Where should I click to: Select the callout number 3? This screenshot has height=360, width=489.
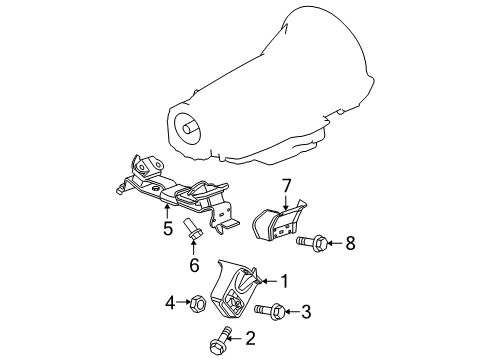tap(305, 312)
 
